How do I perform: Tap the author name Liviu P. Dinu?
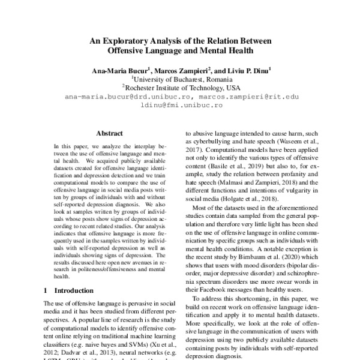tap(247, 70)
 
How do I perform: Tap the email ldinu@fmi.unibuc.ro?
tap(181, 104)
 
